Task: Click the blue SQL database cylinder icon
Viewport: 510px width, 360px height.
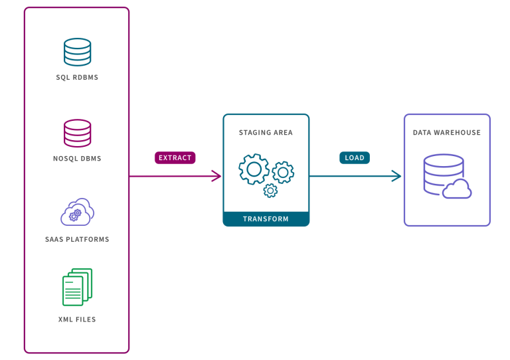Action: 77,52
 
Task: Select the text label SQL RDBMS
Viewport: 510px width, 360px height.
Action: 77,78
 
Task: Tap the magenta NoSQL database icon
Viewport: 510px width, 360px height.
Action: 77,133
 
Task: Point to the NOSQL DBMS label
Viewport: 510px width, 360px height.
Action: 77,159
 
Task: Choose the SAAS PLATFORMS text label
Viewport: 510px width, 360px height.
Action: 77,239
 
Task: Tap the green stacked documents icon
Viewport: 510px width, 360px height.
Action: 77,287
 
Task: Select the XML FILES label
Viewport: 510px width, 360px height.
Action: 77,319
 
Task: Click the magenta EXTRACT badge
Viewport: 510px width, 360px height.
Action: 175,158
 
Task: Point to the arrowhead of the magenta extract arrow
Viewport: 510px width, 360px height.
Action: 217,176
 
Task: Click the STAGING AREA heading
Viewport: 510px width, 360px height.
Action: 266,133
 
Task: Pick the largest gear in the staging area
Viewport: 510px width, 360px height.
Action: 253,169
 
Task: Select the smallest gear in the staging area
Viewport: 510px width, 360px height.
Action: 270,191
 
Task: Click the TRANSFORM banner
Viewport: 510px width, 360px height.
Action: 266,219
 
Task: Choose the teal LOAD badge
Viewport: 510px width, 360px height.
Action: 355,158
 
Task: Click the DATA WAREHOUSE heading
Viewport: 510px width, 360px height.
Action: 447,133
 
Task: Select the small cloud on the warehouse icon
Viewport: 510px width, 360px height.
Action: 458,190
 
